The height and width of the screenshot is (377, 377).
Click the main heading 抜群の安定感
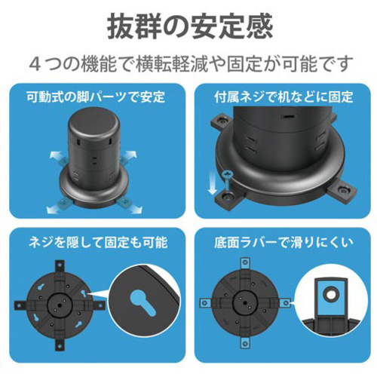click(190, 26)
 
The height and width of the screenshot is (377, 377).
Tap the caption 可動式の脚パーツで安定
click(96, 97)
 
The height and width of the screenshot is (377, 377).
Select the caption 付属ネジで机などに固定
click(284, 97)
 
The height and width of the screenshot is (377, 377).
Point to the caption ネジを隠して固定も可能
click(98, 243)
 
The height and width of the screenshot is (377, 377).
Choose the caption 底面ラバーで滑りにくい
click(284, 243)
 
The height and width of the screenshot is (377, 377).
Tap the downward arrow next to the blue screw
click(213, 182)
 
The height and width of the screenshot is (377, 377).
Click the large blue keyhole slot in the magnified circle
click(143, 302)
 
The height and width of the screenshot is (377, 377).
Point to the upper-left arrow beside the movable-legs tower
click(56, 155)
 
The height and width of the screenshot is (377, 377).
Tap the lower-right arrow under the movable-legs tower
click(134, 207)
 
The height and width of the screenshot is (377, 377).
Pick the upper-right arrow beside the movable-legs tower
click(130, 154)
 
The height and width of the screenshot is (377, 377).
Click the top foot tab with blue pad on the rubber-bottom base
click(245, 263)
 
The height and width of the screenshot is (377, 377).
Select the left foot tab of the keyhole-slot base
click(20, 305)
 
